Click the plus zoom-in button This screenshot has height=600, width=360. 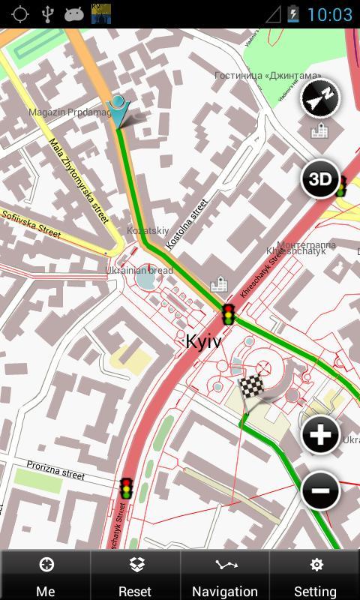[320, 435]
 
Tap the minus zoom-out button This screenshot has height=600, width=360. [320, 491]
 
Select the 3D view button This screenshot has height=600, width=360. [320, 179]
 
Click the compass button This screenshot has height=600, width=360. [320, 98]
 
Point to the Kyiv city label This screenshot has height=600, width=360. [203, 341]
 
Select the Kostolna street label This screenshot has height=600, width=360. [186, 223]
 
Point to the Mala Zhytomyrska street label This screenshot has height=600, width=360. [79, 180]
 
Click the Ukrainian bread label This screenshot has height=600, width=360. [139, 270]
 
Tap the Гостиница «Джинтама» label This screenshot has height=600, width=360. [267, 76]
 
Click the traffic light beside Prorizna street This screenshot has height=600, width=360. [127, 488]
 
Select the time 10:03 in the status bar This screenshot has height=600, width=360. [329, 14]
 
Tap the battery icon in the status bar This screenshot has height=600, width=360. [292, 14]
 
